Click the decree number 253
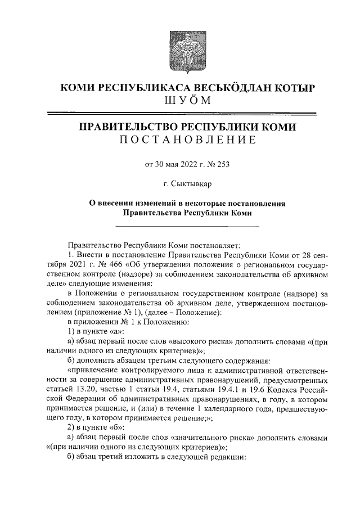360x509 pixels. point(223,165)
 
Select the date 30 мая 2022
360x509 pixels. point(174,165)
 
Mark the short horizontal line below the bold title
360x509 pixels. point(186,227)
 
